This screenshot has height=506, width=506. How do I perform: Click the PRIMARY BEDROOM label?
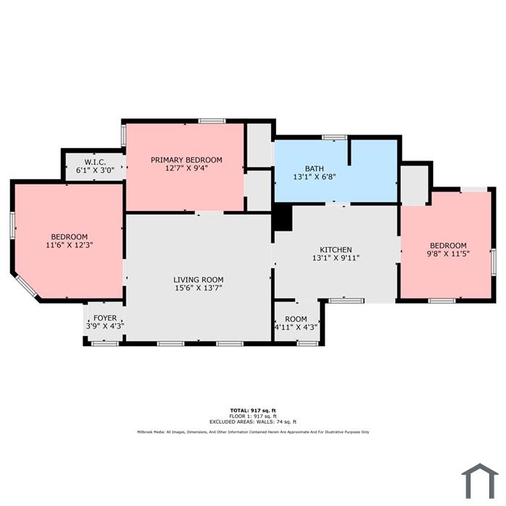click(x=186, y=160)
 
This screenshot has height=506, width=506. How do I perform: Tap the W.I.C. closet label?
click(x=95, y=162)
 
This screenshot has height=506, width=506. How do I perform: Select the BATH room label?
click(x=314, y=168)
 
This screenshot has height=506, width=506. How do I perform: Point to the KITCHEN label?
click(x=335, y=250)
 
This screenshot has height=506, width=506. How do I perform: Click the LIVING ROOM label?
click(x=199, y=280)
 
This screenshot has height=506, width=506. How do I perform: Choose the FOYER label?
click(x=106, y=318)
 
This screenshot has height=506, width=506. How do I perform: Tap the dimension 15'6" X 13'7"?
click(x=199, y=288)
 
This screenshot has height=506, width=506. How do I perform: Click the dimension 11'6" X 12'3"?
click(x=69, y=245)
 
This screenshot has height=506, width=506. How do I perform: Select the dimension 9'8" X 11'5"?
click(x=448, y=254)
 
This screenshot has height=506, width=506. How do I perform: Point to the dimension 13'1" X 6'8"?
click(x=314, y=177)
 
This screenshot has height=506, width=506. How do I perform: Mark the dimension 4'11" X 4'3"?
click(x=296, y=327)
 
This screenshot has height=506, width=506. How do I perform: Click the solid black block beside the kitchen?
click(x=283, y=218)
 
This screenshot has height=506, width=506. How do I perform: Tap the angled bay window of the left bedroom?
click(x=27, y=286)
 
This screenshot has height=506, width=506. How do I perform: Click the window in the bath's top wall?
click(x=335, y=137)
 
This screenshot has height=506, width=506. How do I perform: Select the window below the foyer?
click(x=106, y=343)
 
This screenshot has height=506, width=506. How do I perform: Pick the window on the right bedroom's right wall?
click(x=494, y=262)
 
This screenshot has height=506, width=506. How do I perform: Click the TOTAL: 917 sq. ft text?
click(x=253, y=411)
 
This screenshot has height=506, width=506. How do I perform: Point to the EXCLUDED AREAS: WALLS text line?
click(x=253, y=421)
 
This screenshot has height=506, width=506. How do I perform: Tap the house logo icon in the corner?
click(x=480, y=481)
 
